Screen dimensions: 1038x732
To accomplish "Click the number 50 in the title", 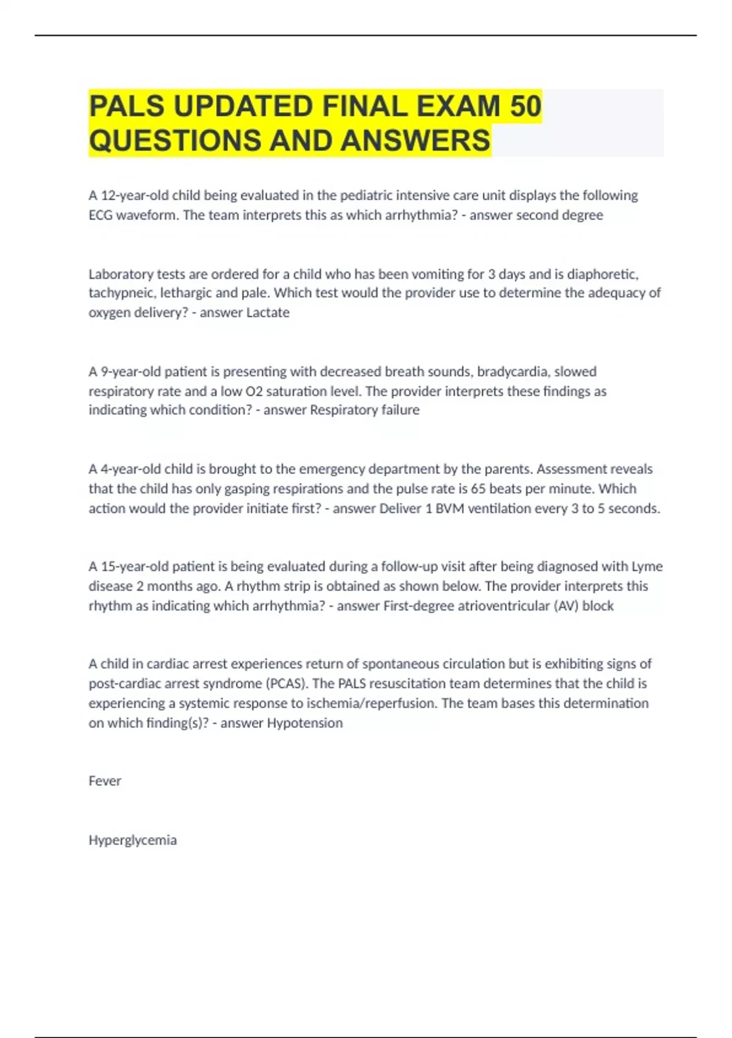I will coord(525,106).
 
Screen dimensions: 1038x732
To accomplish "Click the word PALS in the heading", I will coord(127,106).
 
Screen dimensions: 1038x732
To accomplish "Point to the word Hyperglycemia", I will coord(132,840).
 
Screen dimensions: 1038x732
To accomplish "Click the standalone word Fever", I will coord(105,781).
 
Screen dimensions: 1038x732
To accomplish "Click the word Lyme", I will coord(647,567).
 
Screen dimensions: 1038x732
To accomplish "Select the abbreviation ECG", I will coord(101,215).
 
